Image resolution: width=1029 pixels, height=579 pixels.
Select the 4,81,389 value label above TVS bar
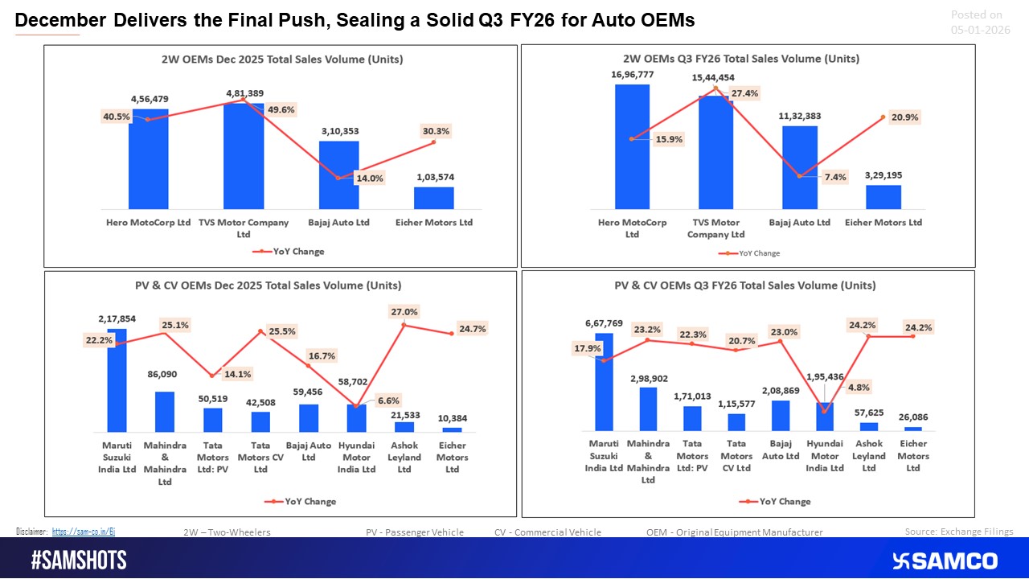tap(244, 93)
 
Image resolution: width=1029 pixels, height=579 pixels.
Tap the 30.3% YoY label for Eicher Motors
tap(436, 130)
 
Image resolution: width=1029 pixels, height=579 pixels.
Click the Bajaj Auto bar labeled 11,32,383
tap(799, 168)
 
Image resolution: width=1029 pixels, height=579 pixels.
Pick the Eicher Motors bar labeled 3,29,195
tap(883, 197)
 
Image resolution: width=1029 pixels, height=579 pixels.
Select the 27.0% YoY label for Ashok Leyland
tap(404, 312)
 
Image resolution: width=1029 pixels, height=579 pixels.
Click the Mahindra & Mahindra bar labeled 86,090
tap(164, 412)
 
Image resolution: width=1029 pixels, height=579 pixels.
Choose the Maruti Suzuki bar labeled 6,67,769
tap(605, 382)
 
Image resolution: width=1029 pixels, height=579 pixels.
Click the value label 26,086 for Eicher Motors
tap(912, 417)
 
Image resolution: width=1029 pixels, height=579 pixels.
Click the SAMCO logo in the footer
tap(945, 561)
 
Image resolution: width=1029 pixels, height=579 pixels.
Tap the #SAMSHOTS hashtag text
tap(79, 561)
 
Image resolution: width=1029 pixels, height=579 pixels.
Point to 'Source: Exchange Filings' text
tap(958, 532)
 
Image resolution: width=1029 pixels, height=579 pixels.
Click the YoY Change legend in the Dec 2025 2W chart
tap(289, 252)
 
